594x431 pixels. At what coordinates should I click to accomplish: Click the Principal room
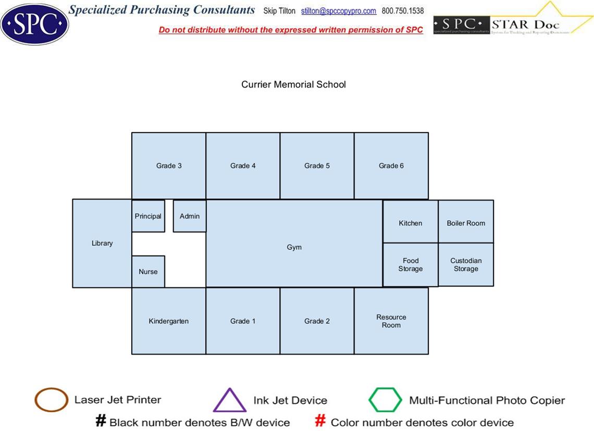[148, 216]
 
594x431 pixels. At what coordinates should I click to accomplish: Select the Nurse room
[148, 271]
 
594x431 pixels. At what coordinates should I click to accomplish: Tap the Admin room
[190, 216]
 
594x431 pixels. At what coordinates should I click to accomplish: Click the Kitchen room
[411, 222]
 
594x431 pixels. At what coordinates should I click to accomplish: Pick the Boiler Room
[466, 222]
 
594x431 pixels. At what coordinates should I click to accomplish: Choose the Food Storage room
[411, 264]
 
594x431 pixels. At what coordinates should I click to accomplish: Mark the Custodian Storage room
[466, 264]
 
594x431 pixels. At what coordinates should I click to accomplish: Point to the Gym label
[294, 247]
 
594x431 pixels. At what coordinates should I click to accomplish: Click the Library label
[102, 243]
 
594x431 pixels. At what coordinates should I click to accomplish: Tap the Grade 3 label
[169, 166]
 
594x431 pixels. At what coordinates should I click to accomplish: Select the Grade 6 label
[391, 166]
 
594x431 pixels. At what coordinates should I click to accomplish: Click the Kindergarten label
[169, 321]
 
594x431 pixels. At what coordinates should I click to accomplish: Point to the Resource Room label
[391, 321]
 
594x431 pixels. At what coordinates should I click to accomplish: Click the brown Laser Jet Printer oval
[51, 400]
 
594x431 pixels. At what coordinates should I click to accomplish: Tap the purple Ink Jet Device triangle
[229, 401]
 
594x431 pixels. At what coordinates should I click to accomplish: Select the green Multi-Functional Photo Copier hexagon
[385, 400]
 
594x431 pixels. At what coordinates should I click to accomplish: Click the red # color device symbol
[320, 421]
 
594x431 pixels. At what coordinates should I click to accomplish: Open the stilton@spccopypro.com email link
[339, 11]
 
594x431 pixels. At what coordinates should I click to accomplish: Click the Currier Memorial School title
[293, 84]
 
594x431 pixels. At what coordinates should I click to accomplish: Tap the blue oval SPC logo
[34, 24]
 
